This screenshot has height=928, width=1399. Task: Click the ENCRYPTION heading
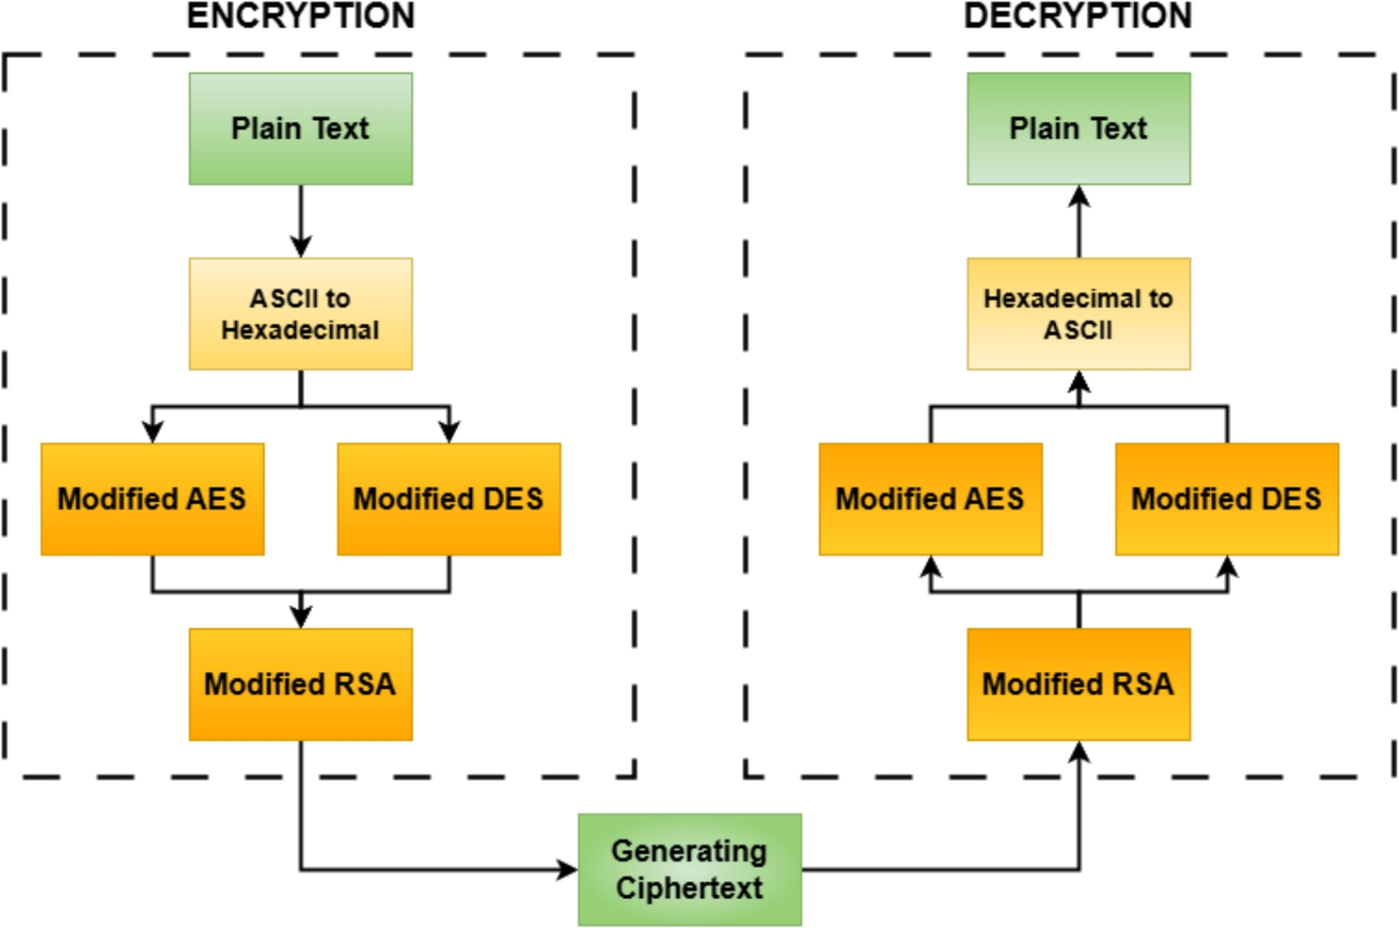tap(300, 16)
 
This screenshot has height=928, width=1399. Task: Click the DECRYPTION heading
tap(1078, 16)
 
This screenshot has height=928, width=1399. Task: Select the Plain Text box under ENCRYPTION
tap(300, 128)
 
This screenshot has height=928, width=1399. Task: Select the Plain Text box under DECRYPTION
tap(1078, 128)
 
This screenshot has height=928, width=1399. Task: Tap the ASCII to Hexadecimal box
tap(300, 313)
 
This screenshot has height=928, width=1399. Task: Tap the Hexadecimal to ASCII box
tap(1078, 313)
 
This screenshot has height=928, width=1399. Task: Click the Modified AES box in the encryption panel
tap(153, 499)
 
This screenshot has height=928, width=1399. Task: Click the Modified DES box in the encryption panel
tap(448, 499)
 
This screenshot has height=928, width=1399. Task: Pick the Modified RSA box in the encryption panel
tap(300, 684)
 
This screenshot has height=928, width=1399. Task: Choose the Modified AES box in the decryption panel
tap(930, 499)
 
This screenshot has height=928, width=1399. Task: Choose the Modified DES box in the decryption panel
tap(1226, 499)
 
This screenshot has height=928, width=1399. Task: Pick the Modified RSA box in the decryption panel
tap(1078, 684)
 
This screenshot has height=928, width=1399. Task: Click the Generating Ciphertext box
tap(690, 869)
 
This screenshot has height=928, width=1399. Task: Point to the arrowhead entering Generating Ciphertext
tap(568, 870)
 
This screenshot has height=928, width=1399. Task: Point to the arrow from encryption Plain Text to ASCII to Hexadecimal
tap(300, 221)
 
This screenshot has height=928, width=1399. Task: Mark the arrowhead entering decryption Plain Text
tap(1079, 196)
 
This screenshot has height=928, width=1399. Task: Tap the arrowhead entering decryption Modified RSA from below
tap(1079, 752)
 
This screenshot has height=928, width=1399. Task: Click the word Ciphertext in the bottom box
tap(690, 888)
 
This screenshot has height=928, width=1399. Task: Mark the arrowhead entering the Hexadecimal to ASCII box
tap(1079, 381)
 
